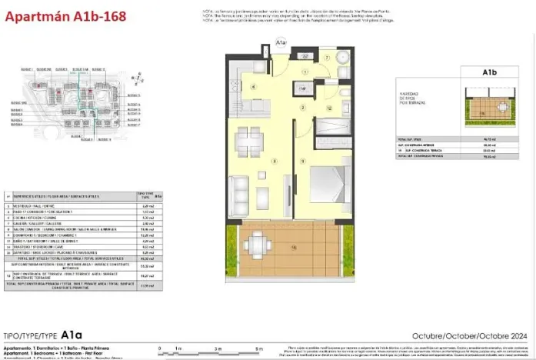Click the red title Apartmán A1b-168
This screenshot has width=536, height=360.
pyautogui.click(x=55, y=12)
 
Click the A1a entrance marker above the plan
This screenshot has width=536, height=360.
pyautogui.click(x=281, y=45)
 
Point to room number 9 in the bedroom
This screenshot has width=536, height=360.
pyautogui.click(x=305, y=161)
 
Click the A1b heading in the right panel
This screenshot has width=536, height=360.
pyautogui.click(x=488, y=74)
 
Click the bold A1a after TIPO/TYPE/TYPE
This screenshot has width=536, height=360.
pyautogui.click(x=72, y=335)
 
